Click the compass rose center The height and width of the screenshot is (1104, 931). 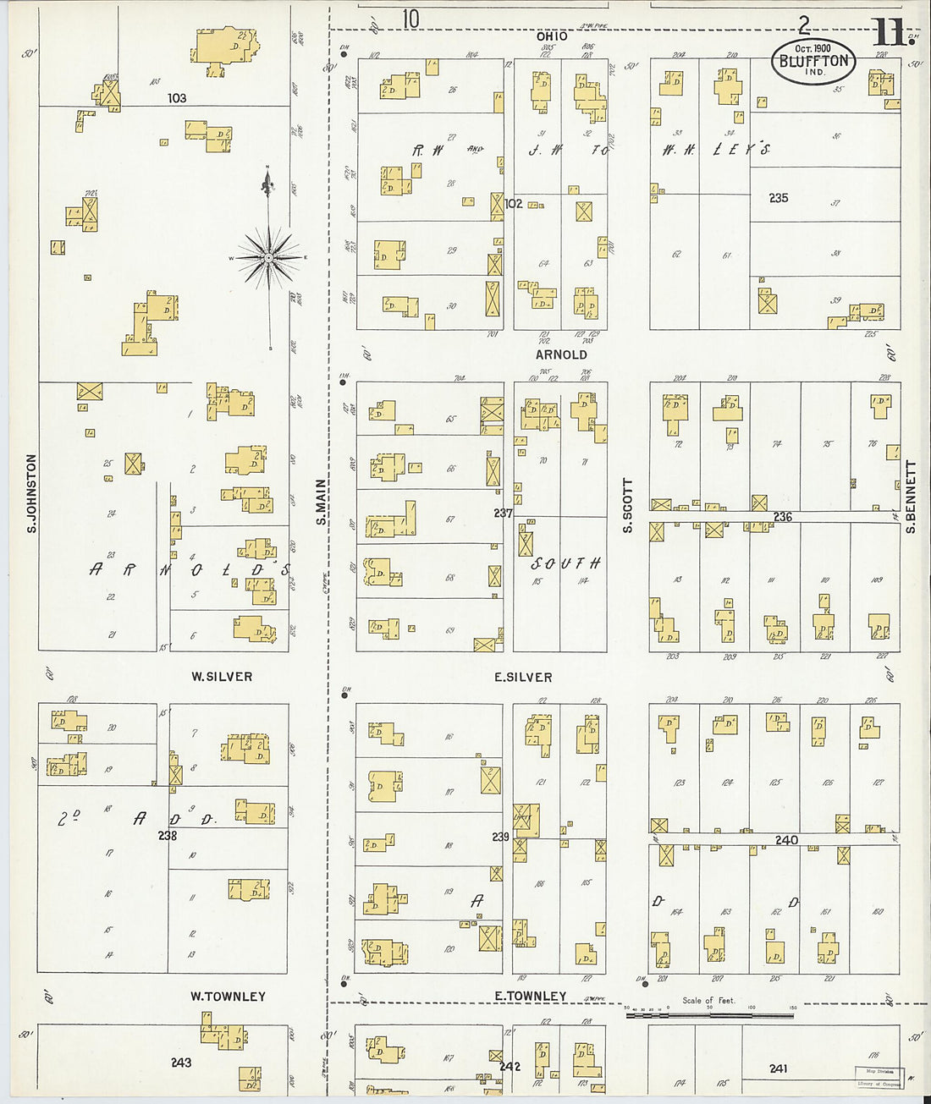(269, 257)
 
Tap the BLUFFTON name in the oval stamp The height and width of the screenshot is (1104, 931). (813, 61)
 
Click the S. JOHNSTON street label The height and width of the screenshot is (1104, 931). (32, 493)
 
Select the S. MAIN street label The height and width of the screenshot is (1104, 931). (322, 502)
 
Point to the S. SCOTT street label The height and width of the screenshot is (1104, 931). (628, 506)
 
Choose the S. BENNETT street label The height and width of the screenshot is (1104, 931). (912, 497)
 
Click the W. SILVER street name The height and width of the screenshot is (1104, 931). (222, 677)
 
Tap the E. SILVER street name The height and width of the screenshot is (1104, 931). (523, 677)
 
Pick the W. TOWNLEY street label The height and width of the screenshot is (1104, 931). (228, 997)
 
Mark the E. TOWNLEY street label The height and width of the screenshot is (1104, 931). (530, 997)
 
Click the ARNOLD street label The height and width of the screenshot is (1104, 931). (561, 354)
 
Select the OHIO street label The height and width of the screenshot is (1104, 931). (552, 36)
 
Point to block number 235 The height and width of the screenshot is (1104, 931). (779, 198)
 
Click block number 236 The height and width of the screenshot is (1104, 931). (782, 516)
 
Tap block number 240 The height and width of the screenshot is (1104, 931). (786, 840)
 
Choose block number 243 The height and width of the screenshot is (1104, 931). (181, 1063)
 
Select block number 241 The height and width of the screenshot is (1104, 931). (779, 1068)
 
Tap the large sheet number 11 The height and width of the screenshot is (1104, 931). (888, 34)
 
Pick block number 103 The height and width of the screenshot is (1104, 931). (176, 98)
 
